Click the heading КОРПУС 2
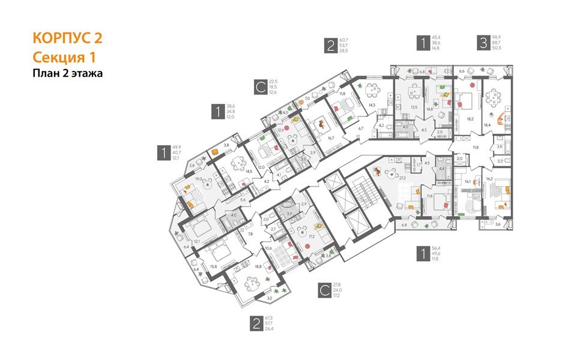(67, 38)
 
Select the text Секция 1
(64, 58)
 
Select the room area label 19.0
(199, 179)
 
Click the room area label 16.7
(330, 138)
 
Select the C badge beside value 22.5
(260, 88)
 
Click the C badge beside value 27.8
(324, 291)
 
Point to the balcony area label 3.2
(270, 297)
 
